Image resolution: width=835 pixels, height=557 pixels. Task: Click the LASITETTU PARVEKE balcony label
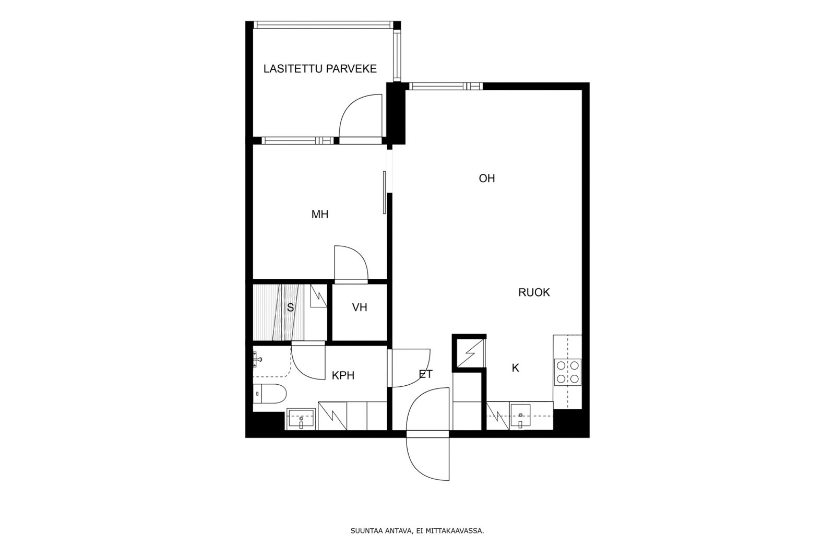click(x=320, y=69)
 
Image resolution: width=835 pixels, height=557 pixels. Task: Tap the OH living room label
click(x=486, y=179)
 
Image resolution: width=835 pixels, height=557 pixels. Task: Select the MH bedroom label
click(x=320, y=214)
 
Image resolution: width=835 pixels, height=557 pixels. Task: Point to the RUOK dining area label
click(x=534, y=292)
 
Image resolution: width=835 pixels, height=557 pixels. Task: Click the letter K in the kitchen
click(x=516, y=368)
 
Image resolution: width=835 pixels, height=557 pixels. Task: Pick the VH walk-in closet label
click(x=360, y=307)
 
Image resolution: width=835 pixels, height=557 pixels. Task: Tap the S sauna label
click(x=290, y=308)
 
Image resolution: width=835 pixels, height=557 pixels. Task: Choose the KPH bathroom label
click(x=343, y=375)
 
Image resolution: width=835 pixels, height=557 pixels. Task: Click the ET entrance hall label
click(x=425, y=374)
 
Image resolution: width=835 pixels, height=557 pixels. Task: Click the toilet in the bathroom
click(x=269, y=394)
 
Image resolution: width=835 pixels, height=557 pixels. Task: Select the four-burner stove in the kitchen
click(x=567, y=372)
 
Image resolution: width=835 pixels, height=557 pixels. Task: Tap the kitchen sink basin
click(x=520, y=416)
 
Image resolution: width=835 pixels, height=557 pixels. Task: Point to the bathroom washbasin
click(x=301, y=419)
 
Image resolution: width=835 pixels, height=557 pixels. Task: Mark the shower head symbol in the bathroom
click(x=256, y=359)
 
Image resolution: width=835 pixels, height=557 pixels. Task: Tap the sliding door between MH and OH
click(x=384, y=192)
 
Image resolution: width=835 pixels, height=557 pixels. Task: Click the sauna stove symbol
click(x=318, y=297)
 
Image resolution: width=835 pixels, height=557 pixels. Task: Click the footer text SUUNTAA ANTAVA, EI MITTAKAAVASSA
click(x=417, y=531)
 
